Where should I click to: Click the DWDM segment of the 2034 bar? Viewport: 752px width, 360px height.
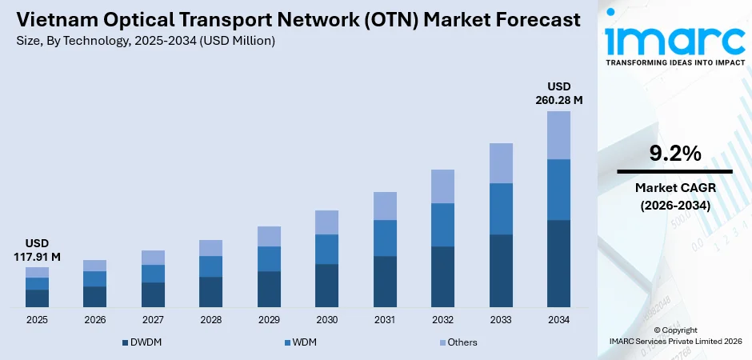558,263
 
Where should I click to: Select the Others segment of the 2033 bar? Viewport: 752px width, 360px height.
501,163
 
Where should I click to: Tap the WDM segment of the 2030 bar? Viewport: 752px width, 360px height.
326,249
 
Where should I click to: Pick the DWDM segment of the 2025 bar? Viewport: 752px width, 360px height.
37,298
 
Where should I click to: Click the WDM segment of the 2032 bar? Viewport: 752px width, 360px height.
442,225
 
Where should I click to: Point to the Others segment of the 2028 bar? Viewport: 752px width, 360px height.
210,248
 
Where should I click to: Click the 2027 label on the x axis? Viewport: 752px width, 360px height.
153,320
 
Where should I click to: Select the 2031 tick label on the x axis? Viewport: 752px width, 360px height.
385,320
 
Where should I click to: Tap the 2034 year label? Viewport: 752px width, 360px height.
558,320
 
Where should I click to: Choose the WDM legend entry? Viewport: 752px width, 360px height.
303,342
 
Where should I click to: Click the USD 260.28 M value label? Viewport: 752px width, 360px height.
558,93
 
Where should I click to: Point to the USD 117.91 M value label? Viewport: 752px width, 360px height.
37,250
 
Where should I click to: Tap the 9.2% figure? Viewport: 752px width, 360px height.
674,152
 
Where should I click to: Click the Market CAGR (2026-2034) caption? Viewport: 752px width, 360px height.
674,196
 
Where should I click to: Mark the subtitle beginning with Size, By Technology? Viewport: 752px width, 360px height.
145,42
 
